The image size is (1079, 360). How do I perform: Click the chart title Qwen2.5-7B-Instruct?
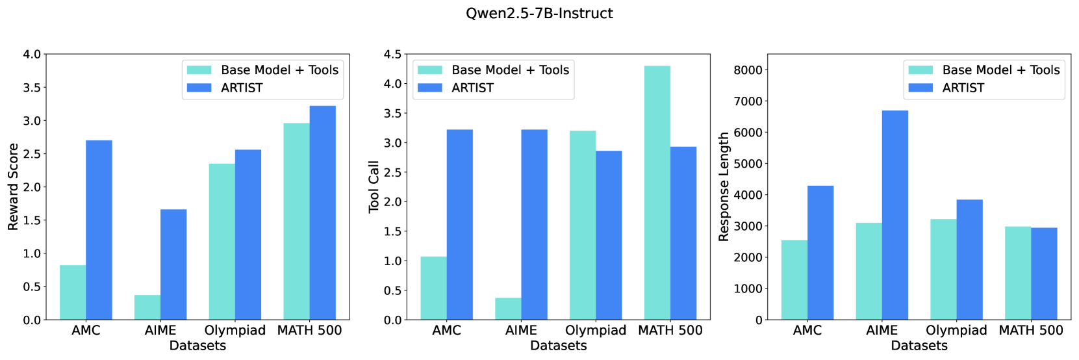coord(539,14)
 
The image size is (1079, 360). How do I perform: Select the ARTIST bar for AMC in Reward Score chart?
coord(99,230)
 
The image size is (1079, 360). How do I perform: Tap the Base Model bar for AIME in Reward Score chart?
coord(147,307)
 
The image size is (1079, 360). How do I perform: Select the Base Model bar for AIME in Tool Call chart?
coord(508,309)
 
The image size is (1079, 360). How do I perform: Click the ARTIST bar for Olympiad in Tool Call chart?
coord(609,235)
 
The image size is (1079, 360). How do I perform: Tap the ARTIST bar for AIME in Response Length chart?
coord(895,215)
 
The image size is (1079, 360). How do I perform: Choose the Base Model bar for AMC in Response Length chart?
coord(794,280)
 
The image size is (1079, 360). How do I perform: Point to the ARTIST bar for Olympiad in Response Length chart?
coord(969,259)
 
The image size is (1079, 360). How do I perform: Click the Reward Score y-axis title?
coord(13,187)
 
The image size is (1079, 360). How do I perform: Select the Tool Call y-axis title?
coord(374,187)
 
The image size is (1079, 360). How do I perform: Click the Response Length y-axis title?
coord(724,187)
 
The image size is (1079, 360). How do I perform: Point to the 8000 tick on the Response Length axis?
coord(748,70)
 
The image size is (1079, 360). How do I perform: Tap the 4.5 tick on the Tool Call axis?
coord(392,55)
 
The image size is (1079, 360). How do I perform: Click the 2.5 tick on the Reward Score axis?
coord(32,154)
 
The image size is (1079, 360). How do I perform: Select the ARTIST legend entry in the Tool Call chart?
coord(472,88)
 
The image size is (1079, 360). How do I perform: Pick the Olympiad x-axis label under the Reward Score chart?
coord(235,330)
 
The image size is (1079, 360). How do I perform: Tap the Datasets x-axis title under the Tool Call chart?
coord(559,346)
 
